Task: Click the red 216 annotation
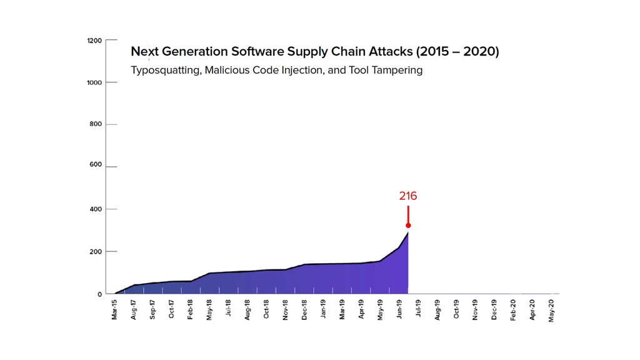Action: tap(407, 196)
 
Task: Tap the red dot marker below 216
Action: tap(408, 226)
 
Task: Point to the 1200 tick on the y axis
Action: tap(94, 40)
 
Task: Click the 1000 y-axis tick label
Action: tap(94, 82)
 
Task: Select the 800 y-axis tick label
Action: tap(96, 124)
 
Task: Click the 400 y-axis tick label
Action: tap(96, 209)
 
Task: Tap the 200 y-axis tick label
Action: tap(96, 252)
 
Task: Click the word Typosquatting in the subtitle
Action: tap(165, 71)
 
